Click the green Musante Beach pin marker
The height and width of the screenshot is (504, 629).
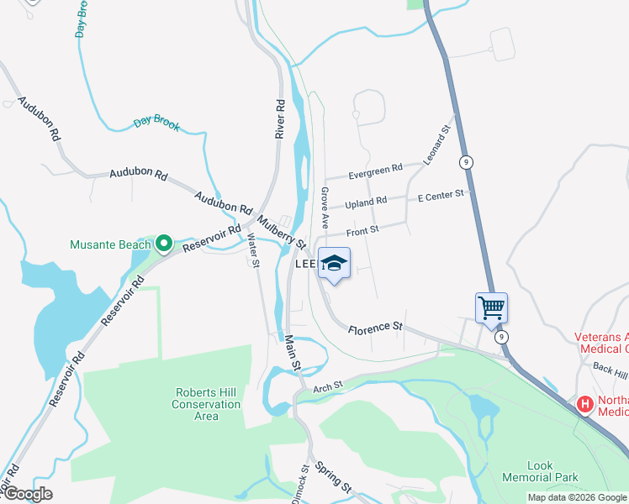(165, 244)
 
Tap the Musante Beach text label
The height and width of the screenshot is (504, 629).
(110, 245)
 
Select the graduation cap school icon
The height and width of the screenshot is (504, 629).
(334, 265)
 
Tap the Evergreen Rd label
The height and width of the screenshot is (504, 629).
(376, 171)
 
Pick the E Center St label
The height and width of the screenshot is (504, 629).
(441, 195)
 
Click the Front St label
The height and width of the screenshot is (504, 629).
(363, 228)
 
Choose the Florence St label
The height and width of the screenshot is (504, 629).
(377, 326)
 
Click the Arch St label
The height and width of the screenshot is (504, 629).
(329, 387)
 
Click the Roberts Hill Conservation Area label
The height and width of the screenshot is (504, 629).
(207, 404)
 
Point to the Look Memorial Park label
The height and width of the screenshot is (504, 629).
(552, 470)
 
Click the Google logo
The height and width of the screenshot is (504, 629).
(27, 494)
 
